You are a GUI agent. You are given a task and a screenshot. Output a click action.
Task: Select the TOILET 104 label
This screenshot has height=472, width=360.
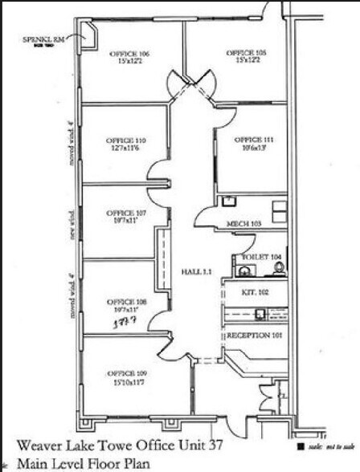tap(259, 257)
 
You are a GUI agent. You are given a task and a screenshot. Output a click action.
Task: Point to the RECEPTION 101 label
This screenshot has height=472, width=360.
tap(255, 335)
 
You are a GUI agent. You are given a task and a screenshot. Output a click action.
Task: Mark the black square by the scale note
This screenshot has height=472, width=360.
tap(300, 446)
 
